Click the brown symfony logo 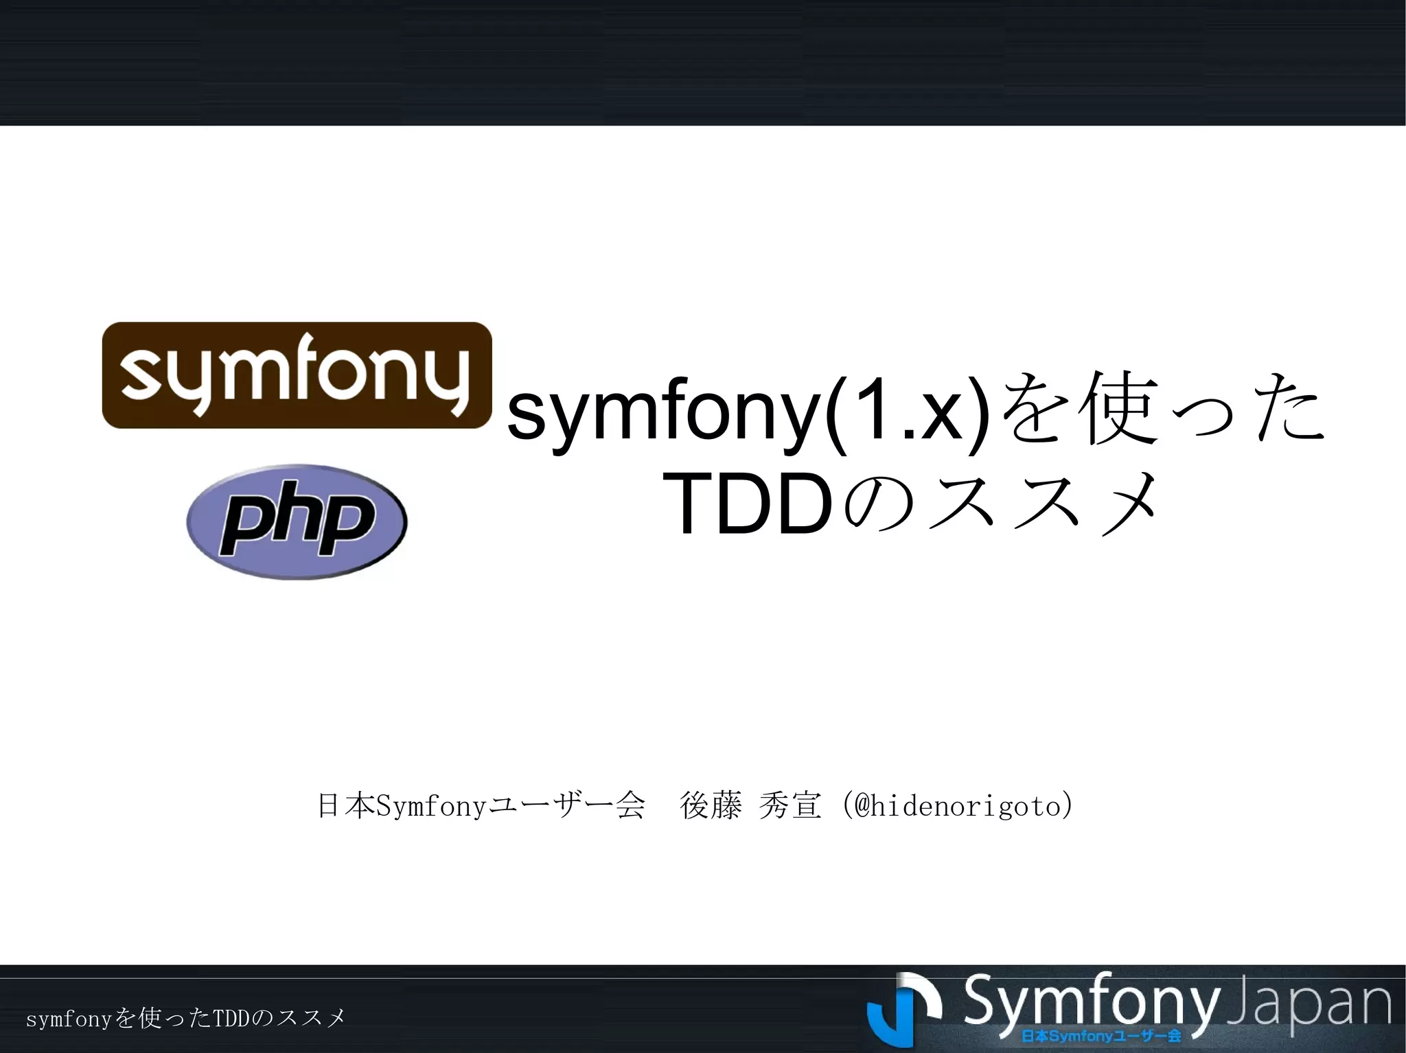tap(297, 375)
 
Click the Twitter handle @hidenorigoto tap(957, 805)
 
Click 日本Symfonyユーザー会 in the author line tap(481, 805)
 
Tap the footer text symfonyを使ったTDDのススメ tap(185, 1019)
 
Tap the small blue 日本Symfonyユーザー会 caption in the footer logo tap(1101, 1035)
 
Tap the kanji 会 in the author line tap(630, 805)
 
